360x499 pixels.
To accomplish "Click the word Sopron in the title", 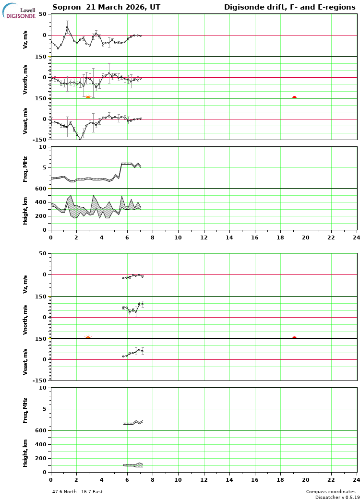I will coord(65,7).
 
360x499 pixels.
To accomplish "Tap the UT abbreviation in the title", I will coord(155,7).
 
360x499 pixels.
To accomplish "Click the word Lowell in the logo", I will coord(27,10).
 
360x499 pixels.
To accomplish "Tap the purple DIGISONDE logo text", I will coord(21,16).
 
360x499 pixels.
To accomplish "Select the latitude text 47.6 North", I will coord(64,492).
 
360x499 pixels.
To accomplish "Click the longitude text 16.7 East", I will coord(91,492).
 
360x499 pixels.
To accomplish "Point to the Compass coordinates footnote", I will coord(331,492).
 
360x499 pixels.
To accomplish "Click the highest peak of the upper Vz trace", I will coord(67,27).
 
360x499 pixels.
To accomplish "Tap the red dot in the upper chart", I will coord(294,98).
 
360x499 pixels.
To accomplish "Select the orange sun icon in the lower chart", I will coord(88,338).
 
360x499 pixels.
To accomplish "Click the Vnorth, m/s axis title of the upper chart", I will coord(25,79).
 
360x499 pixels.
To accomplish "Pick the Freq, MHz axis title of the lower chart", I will coord(25,410).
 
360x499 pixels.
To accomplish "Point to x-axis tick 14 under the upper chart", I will coord(229,237).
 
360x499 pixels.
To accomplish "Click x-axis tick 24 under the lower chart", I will coord(356,479).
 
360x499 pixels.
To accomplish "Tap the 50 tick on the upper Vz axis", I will coord(42,14).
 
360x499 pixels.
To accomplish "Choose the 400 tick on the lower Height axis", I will coord(41,444).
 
